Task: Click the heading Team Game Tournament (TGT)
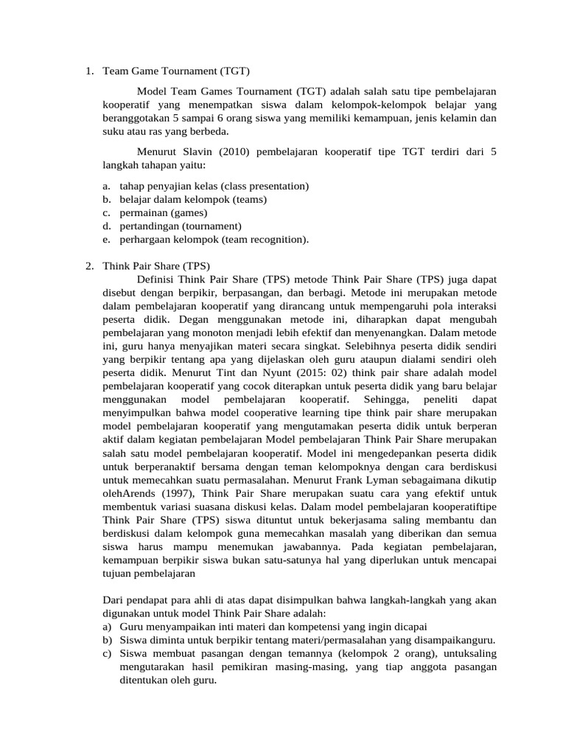tap(176, 72)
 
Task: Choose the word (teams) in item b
tap(250, 199)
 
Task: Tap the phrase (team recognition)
tap(261, 239)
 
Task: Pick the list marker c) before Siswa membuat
tap(108, 653)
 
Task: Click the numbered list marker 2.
tap(89, 266)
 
